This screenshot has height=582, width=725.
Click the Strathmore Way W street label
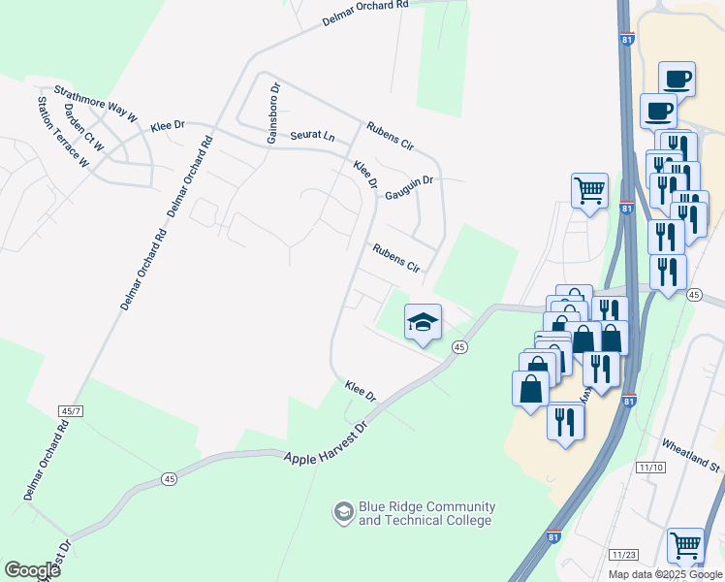coord(94,102)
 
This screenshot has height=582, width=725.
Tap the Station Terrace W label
coord(62,131)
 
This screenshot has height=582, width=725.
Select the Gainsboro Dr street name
coord(274,113)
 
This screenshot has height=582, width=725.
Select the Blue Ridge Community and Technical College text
coord(426,513)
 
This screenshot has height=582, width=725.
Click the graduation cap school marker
coord(423,322)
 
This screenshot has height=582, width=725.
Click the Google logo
coord(32,570)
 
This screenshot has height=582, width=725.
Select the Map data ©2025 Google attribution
coord(664,574)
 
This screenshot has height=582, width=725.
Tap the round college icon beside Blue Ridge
coord(343,511)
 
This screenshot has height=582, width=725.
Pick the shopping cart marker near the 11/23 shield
coord(685,546)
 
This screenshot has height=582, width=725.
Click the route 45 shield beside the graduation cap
coord(459,347)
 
